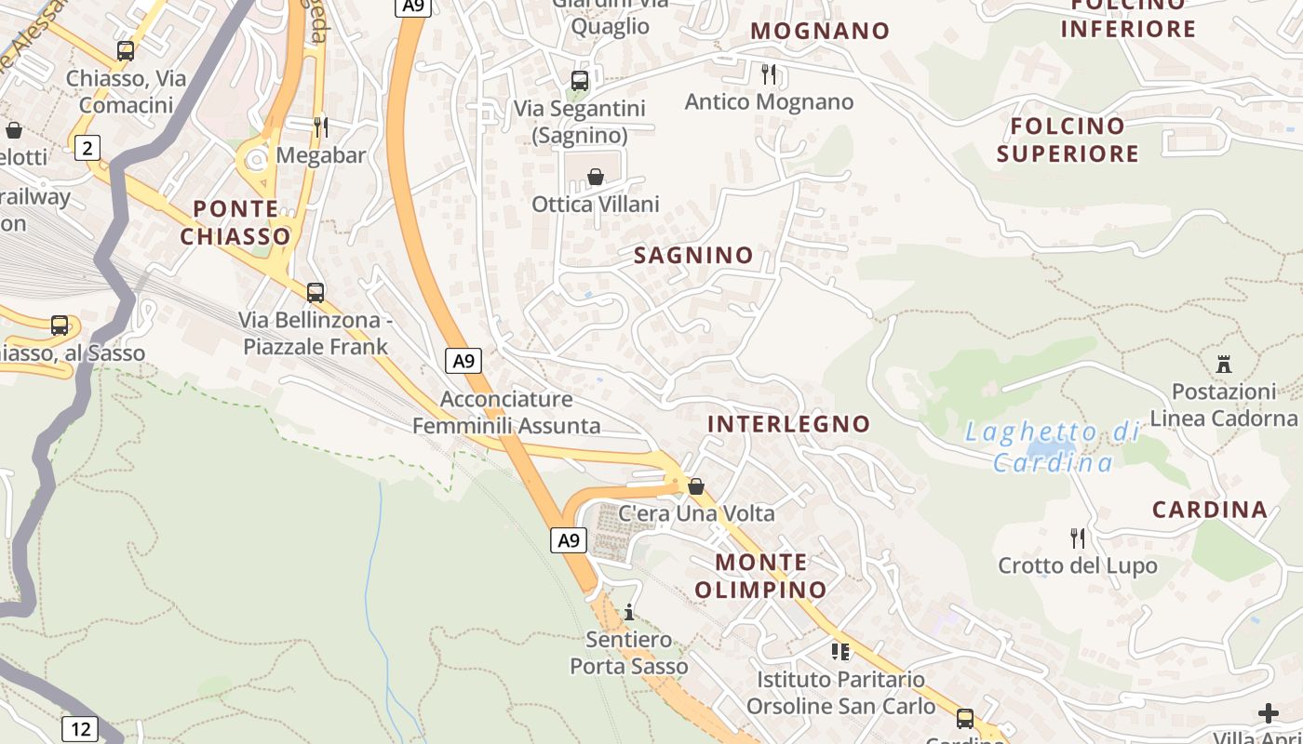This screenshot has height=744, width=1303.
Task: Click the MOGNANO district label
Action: pyautogui.click(x=820, y=31)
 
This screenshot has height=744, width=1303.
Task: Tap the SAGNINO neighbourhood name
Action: pyautogui.click(x=693, y=255)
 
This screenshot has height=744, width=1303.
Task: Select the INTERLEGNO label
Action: pyautogui.click(x=789, y=424)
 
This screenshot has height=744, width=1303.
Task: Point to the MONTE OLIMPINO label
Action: pyautogui.click(x=760, y=576)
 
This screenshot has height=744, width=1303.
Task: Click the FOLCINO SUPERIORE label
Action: pyautogui.click(x=1068, y=139)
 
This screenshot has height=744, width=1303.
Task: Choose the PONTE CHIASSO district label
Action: pyautogui.click(x=235, y=222)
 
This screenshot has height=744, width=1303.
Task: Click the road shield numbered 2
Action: pyautogui.click(x=87, y=147)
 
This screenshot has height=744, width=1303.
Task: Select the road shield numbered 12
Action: pyautogui.click(x=80, y=728)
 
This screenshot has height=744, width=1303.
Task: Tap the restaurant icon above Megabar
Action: pyautogui.click(x=320, y=126)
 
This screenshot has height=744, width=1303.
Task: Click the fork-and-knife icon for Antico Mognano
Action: pyautogui.click(x=769, y=73)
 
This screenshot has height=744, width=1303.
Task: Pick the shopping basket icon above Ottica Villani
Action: pyautogui.click(x=596, y=177)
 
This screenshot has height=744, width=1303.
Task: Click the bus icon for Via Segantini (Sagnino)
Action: pyautogui.click(x=579, y=81)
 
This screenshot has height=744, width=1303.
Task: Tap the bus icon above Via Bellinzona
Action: pyautogui.click(x=316, y=293)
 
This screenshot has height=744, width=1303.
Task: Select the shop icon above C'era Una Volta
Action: pyautogui.click(x=695, y=486)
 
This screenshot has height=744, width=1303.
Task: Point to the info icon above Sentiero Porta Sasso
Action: pyautogui.click(x=629, y=612)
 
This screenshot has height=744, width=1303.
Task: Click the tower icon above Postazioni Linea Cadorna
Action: pyautogui.click(x=1223, y=364)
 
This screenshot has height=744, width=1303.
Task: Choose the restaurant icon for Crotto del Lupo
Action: pyautogui.click(x=1078, y=538)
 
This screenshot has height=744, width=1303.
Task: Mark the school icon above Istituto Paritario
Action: pyautogui.click(x=840, y=651)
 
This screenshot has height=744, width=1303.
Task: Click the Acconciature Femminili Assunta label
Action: pyautogui.click(x=506, y=413)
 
